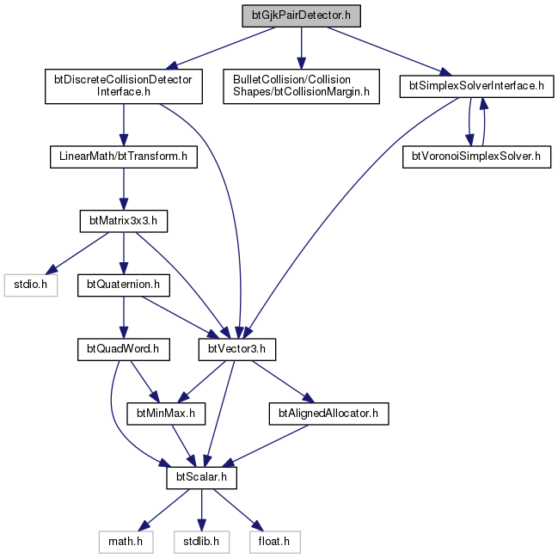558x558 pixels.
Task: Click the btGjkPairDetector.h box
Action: [301, 15]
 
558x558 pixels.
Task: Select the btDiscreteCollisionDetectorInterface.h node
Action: [124, 86]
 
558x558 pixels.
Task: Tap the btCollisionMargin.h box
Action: [301, 86]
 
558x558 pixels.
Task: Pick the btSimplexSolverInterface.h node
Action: [476, 86]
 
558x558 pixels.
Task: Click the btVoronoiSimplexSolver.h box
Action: [476, 156]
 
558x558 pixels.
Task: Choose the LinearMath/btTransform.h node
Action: [124, 156]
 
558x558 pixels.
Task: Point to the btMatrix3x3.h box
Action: [124, 221]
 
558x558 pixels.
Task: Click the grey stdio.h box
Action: [31, 285]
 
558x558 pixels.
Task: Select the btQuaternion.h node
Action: [124, 285]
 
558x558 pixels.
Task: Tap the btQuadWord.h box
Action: [124, 349]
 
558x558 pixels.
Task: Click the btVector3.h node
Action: [237, 349]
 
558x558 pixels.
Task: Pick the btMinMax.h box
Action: [166, 414]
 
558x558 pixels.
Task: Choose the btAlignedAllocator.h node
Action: [328, 414]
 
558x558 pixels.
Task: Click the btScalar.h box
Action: [201, 477]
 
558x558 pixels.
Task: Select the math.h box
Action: [126, 542]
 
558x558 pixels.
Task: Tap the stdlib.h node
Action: [201, 542]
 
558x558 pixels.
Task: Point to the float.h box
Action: [274, 542]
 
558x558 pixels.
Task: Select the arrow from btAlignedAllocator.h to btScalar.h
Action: [265, 445]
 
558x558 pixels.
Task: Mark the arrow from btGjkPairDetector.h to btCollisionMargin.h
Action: [301, 47]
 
